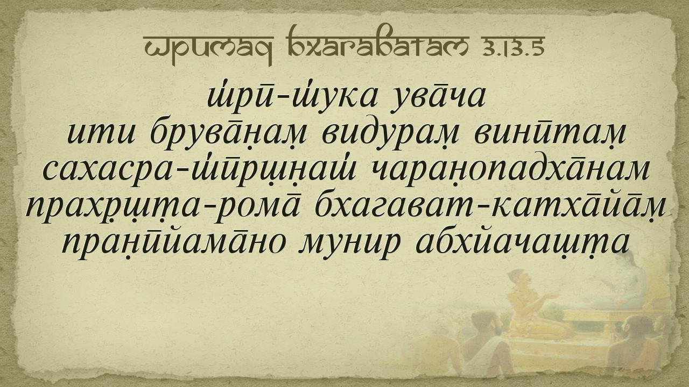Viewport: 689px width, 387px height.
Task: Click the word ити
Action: point(101,134)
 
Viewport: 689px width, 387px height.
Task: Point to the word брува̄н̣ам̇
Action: point(228,134)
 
